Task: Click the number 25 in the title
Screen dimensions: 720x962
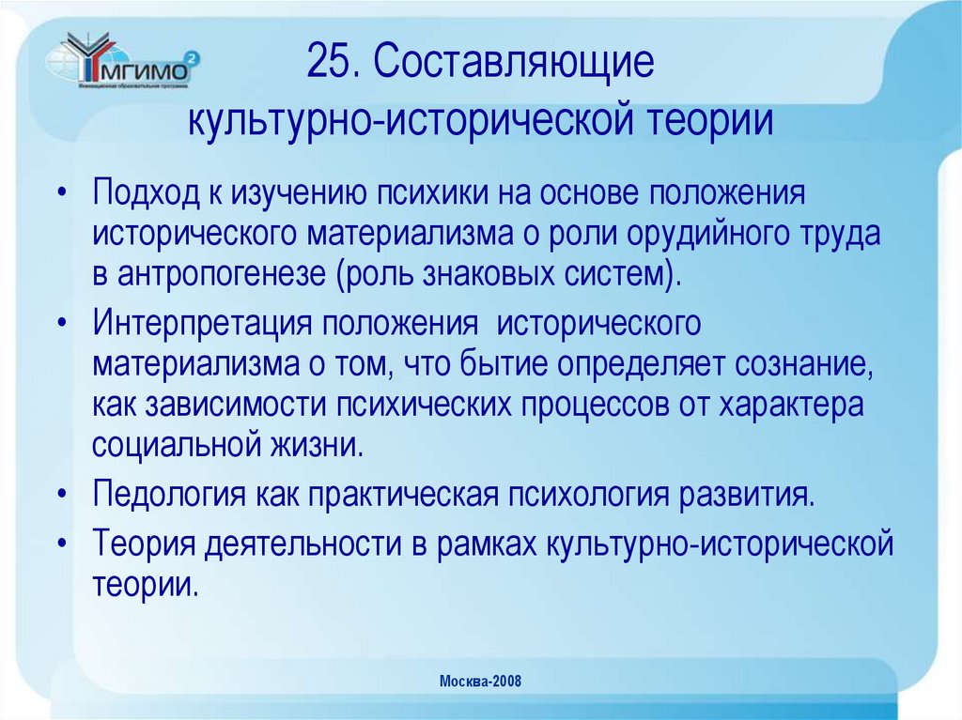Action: click(x=325, y=62)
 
